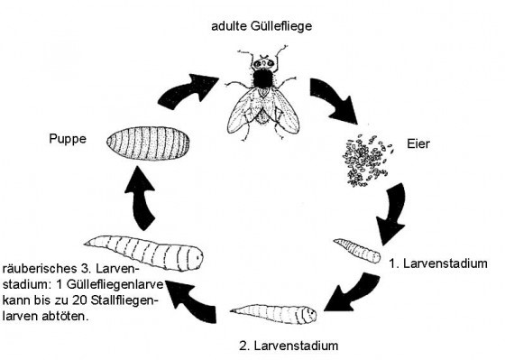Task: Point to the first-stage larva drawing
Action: pos(353,247)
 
